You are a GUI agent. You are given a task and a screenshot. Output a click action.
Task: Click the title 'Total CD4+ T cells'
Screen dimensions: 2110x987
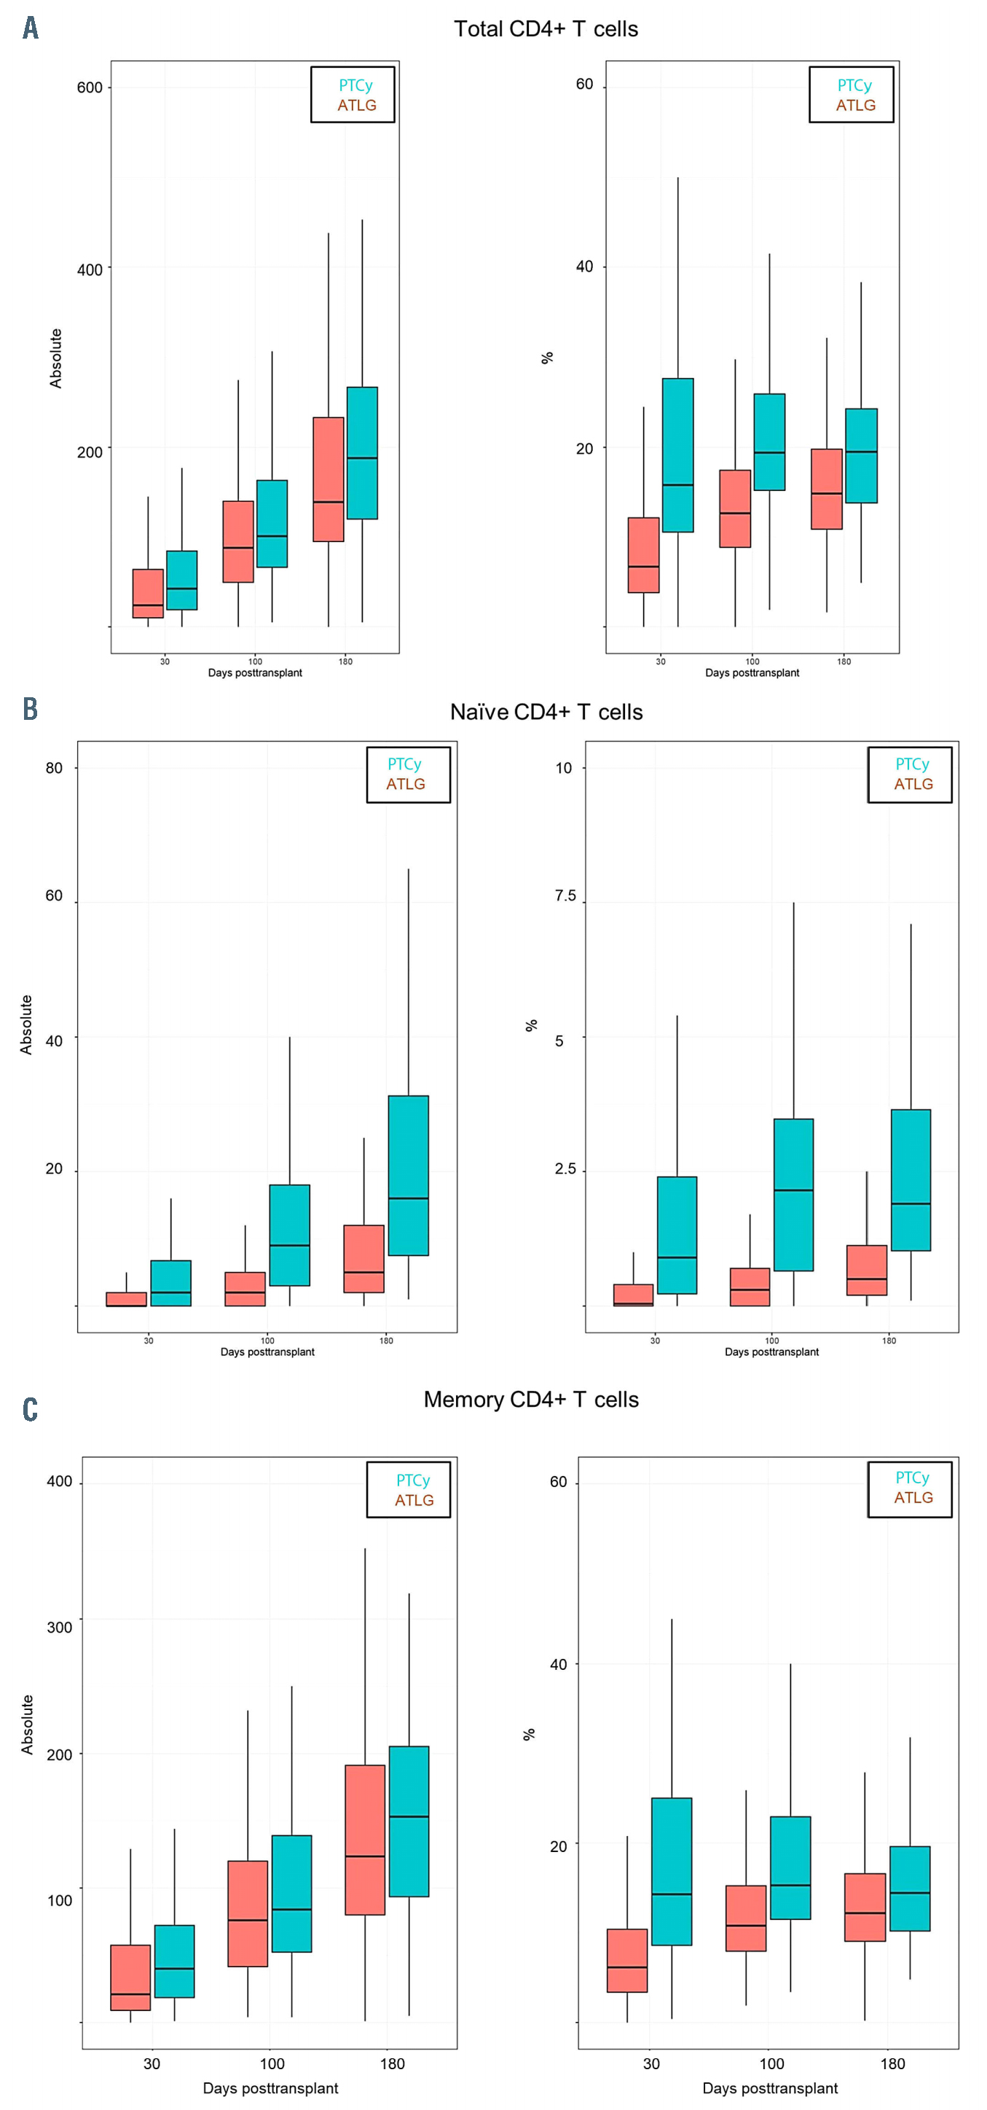[546, 29]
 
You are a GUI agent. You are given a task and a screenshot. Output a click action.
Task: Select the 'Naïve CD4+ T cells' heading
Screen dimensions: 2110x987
[546, 712]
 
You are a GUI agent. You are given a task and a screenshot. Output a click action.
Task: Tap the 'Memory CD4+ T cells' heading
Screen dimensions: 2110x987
[531, 1399]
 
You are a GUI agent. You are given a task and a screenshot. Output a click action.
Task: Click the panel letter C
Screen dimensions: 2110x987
[31, 1409]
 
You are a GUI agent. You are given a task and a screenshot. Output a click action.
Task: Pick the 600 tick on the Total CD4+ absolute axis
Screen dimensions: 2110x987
[90, 87]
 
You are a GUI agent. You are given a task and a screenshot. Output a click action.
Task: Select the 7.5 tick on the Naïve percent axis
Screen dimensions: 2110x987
[565, 895]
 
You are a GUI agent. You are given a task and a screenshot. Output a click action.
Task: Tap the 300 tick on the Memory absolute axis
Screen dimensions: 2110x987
[59, 1627]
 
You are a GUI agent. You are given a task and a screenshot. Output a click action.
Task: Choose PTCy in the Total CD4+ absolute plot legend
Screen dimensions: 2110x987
[355, 85]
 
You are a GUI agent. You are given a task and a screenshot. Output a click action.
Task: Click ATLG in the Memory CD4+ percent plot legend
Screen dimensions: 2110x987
[913, 1497]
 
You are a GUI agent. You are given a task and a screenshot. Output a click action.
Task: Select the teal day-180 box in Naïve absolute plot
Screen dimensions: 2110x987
[408, 1174]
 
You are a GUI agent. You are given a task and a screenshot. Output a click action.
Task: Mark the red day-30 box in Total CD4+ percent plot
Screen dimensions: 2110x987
[644, 554]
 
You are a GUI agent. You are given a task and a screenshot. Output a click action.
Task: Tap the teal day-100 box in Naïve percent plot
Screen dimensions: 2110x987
[793, 1194]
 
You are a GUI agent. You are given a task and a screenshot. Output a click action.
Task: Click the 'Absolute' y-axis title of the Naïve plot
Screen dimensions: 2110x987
[26, 1024]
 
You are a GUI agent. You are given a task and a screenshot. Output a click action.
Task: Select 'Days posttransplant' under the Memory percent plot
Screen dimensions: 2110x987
[770, 2088]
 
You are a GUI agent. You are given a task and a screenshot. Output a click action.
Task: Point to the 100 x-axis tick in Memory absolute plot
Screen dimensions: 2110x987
[272, 2063]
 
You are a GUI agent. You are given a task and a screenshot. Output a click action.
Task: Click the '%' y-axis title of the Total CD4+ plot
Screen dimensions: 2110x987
[547, 357]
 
